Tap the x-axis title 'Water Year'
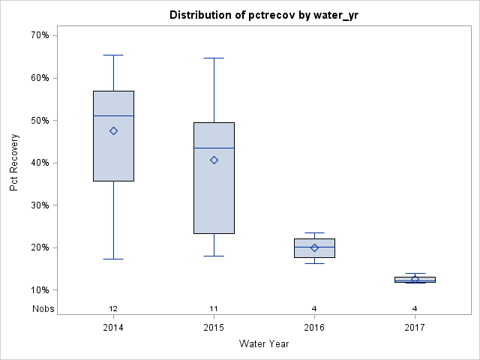tap(263, 344)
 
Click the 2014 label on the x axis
tap(113, 327)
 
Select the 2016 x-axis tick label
tap(314, 327)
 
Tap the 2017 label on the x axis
tap(415, 327)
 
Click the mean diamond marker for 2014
tap(113, 130)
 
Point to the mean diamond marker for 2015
tap(214, 160)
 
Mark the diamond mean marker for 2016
tap(314, 247)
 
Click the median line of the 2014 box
tap(113, 115)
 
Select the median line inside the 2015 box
tap(214, 148)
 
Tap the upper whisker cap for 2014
tap(113, 55)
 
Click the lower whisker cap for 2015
tap(214, 256)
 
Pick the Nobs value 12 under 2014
tap(113, 308)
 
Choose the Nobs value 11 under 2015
tap(214, 308)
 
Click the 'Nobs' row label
tap(43, 308)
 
